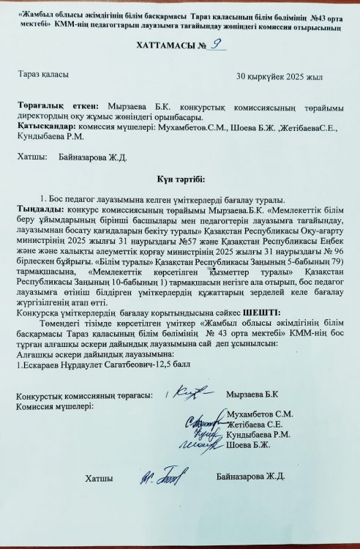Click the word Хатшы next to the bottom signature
pyautogui.click(x=99, y=478)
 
